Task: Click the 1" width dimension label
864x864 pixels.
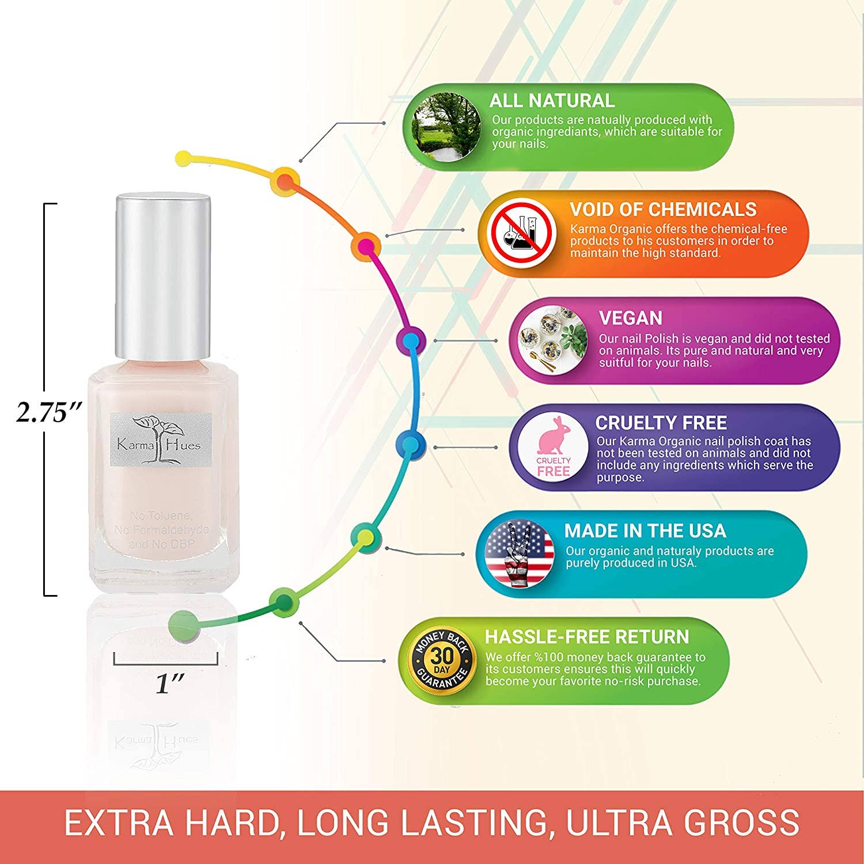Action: (169, 684)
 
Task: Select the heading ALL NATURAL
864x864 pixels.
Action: (552, 101)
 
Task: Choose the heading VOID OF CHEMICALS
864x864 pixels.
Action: (663, 209)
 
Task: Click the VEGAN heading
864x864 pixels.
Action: (630, 318)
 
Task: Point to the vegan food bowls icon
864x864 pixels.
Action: (551, 341)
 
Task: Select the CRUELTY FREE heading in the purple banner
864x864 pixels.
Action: (661, 423)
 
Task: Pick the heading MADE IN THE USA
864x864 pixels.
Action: (645, 530)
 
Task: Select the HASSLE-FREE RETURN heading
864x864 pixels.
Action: (586, 636)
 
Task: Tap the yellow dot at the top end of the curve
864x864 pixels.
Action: (183, 157)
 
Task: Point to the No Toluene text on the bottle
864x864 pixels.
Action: (161, 516)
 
